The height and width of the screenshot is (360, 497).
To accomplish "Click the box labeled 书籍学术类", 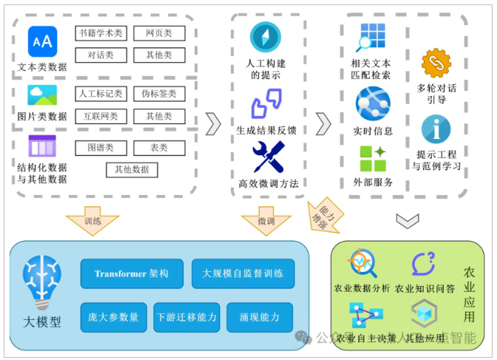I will coord(101,33).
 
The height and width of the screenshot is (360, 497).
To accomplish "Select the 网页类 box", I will coord(159,33).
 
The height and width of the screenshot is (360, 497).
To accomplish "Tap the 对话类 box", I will coord(101,55).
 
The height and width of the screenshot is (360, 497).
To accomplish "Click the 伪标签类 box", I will coord(159,94).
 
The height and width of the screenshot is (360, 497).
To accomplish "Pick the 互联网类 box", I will coord(101,116).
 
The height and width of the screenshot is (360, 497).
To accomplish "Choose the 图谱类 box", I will coord(101,148).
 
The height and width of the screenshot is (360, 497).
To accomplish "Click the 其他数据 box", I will coord(131,170).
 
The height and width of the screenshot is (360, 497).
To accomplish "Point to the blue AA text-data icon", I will coord(42,41).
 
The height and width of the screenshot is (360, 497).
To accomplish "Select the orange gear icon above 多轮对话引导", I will coord(436,64).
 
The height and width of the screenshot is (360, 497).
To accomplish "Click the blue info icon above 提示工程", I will coord(436,129).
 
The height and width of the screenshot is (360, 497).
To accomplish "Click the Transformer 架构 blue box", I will coord(132,274).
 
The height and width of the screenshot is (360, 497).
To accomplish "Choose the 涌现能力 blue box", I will coord(260,317).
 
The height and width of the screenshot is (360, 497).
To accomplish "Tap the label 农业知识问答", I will coord(425,288).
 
